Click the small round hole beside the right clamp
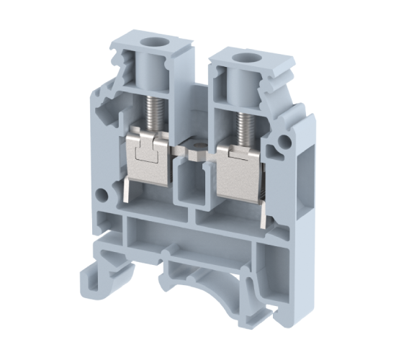click(x=275, y=150)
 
